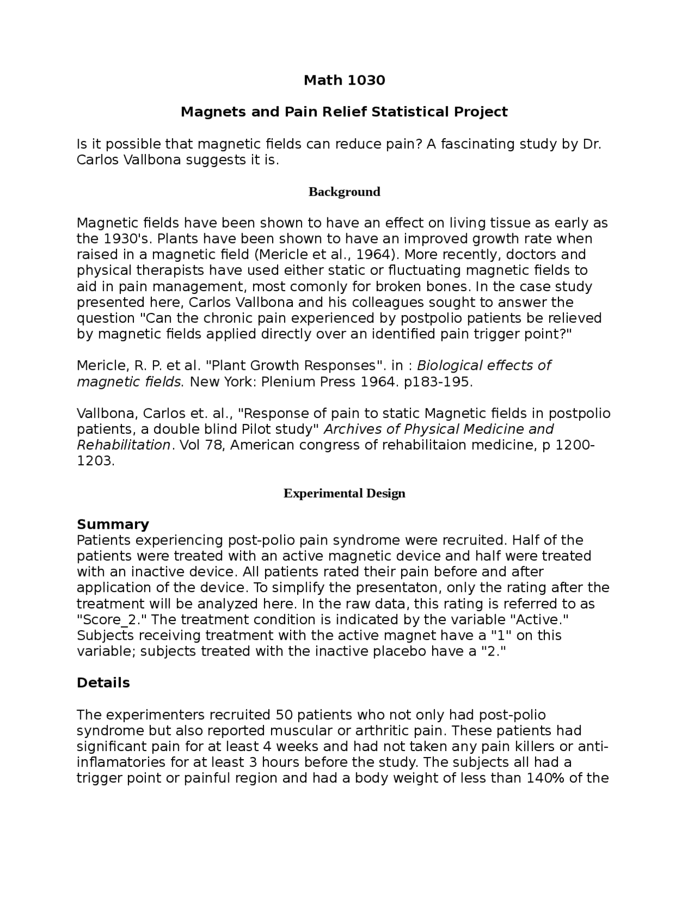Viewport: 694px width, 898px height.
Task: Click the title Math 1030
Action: click(x=344, y=80)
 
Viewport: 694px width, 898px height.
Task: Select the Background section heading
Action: click(x=344, y=192)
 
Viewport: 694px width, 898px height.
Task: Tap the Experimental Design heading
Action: click(x=344, y=493)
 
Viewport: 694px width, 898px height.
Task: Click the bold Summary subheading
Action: click(x=113, y=524)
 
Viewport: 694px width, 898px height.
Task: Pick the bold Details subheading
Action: click(x=103, y=683)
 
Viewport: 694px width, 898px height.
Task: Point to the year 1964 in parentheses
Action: click(x=373, y=255)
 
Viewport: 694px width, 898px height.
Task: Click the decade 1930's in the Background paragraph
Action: click(x=127, y=239)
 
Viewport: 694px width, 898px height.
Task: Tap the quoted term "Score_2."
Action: click(x=112, y=620)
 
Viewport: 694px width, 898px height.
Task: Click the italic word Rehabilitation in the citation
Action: click(x=124, y=445)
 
